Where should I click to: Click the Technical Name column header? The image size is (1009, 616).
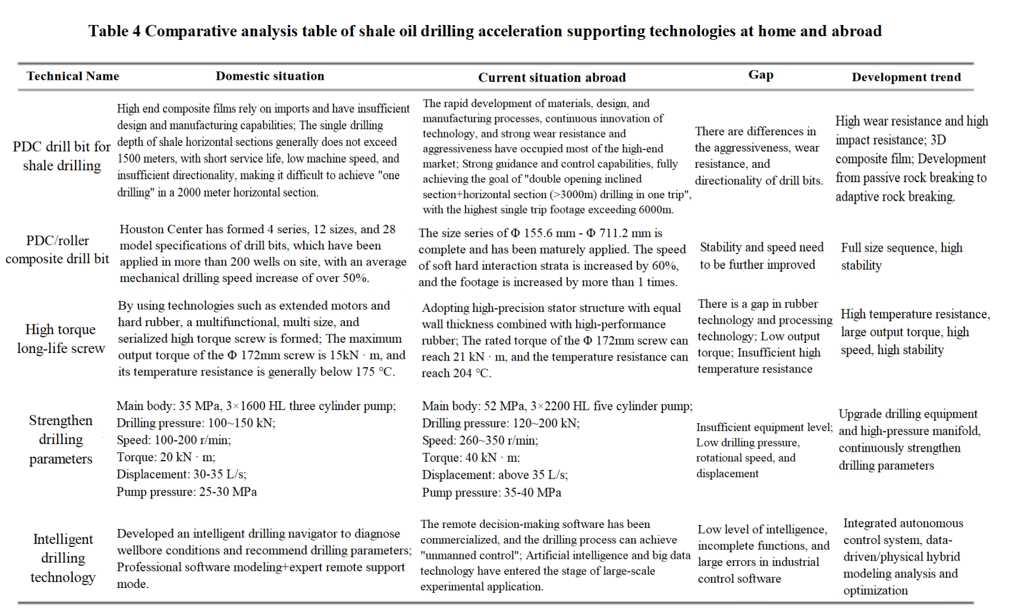point(73,76)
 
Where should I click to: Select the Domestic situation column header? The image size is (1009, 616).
point(270,76)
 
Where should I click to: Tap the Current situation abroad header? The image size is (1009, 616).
point(552,77)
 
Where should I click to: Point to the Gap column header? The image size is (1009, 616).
point(760,75)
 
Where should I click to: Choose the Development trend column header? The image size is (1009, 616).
point(906,77)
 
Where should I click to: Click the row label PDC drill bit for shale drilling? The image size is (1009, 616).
point(62,156)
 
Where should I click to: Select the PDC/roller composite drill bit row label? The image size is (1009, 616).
point(58,249)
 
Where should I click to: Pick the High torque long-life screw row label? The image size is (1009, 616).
point(61,339)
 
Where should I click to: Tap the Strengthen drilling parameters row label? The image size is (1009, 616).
point(61,439)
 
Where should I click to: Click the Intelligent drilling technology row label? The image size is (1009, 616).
point(62,558)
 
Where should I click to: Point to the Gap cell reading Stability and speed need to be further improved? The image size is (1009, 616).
point(761,256)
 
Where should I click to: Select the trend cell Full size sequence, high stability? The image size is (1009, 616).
point(901,257)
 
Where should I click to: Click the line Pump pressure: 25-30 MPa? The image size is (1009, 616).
point(187,492)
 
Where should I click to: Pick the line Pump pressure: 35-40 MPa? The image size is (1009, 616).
point(491,492)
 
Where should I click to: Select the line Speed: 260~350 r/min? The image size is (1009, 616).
point(480,440)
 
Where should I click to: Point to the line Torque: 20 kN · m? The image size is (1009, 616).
point(166,457)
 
